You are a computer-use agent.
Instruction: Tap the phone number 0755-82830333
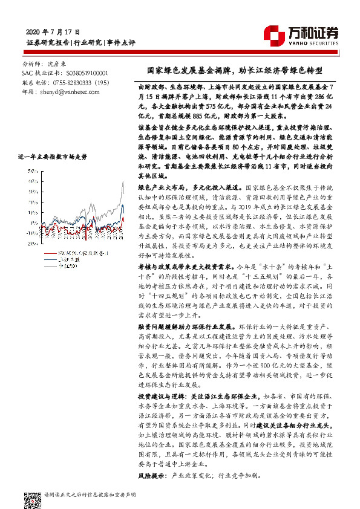(77, 81)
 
